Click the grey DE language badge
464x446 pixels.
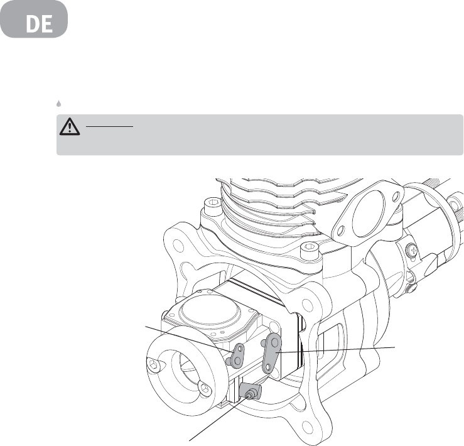tap(34, 19)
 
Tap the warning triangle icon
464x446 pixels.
tap(70, 127)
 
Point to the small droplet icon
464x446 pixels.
tap(59, 104)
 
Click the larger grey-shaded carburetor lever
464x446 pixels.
tap(272, 352)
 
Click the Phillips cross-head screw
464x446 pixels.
tap(413, 251)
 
